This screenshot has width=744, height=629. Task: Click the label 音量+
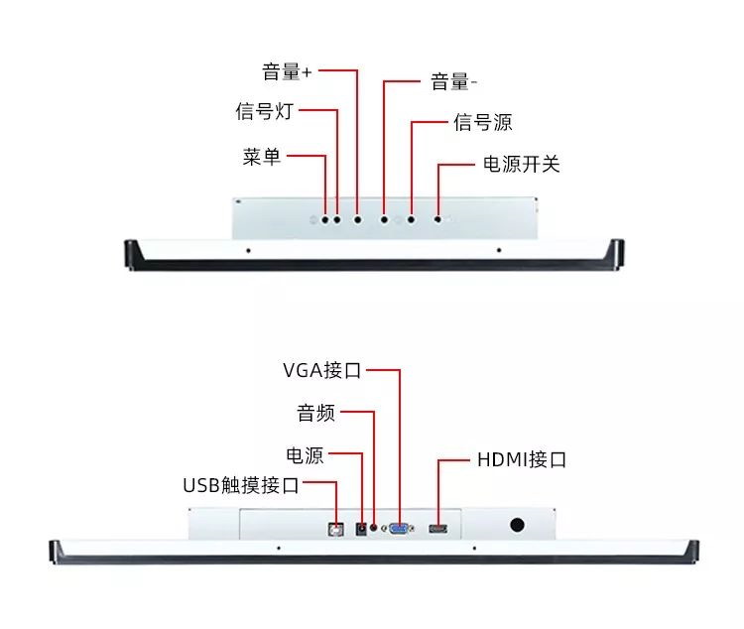pos(287,71)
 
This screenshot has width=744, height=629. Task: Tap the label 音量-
pos(453,82)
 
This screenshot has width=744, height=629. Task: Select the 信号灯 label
pos(264,111)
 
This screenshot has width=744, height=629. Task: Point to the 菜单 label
pos(262,157)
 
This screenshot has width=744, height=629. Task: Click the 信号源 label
pos(482,122)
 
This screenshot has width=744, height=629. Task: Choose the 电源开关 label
pos(522,165)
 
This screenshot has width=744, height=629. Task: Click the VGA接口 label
pos(321,370)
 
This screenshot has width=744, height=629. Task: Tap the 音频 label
pos(315,413)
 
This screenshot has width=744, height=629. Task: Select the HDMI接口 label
pos(522,459)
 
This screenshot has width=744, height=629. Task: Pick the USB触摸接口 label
pos(241,485)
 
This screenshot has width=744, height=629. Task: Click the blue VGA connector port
pos(399,528)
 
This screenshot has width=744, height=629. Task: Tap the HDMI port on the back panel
pos(437,529)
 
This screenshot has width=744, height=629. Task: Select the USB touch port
pos(336,530)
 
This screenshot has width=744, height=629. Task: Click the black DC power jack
pos(361,529)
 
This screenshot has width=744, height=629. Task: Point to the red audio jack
pos(374,528)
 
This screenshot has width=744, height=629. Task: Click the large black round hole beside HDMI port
pos(517,525)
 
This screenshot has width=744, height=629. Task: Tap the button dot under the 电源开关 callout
pos(437,219)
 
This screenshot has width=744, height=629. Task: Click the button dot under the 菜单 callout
pos(325,220)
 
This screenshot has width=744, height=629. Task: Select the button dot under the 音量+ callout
pos(357,220)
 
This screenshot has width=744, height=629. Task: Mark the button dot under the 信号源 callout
pos(411,220)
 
